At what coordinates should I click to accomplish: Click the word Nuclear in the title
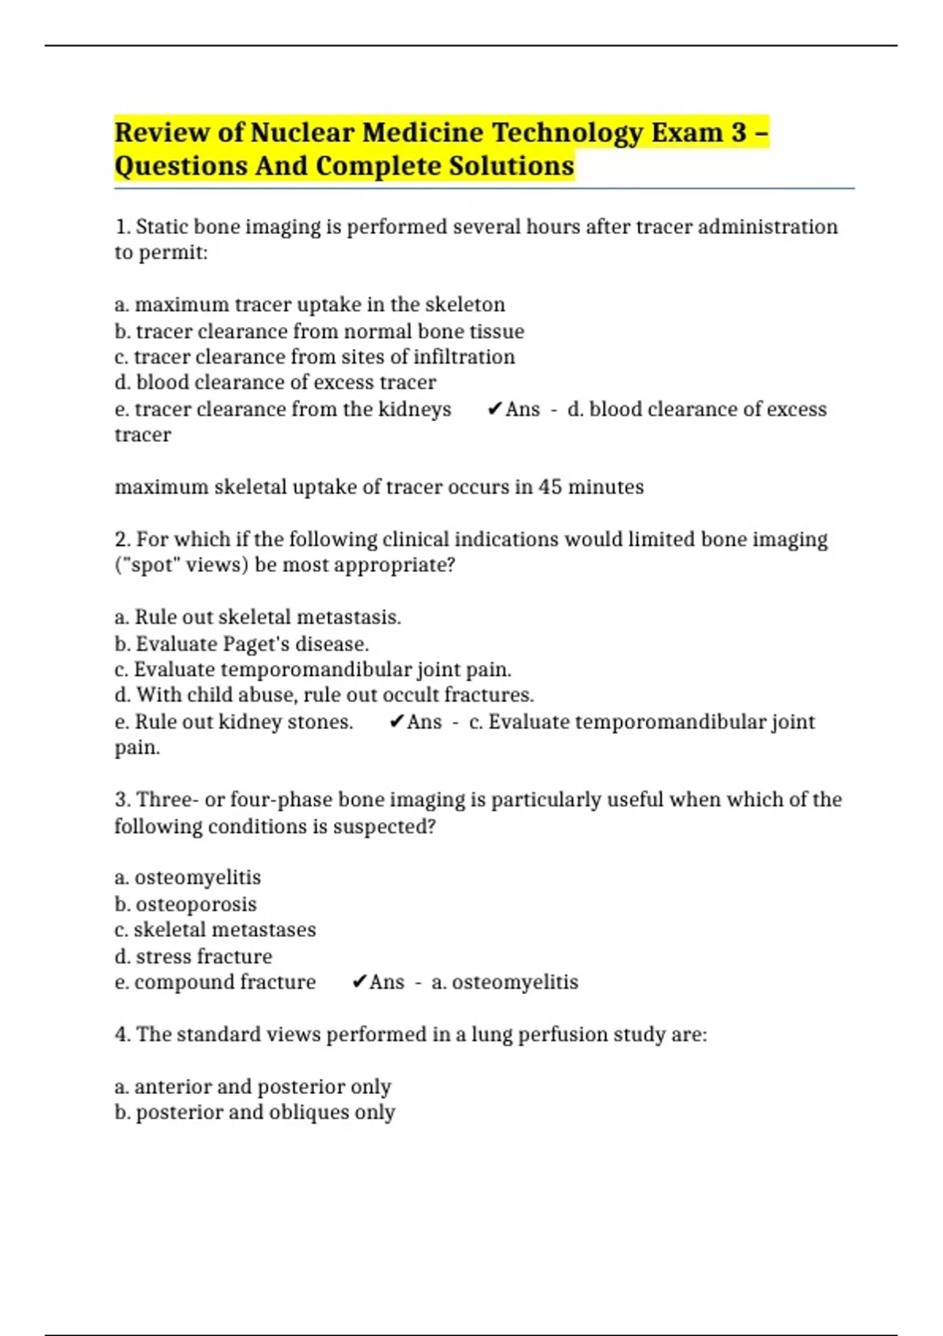302,132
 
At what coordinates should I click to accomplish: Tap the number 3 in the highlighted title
738,132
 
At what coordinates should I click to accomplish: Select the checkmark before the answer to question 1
494,409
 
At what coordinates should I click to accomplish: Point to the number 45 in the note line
550,487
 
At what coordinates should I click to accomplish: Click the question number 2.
123,540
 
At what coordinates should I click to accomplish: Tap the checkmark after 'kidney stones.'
396,721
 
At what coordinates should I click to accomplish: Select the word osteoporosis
196,905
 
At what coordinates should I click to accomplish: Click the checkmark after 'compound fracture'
359,982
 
